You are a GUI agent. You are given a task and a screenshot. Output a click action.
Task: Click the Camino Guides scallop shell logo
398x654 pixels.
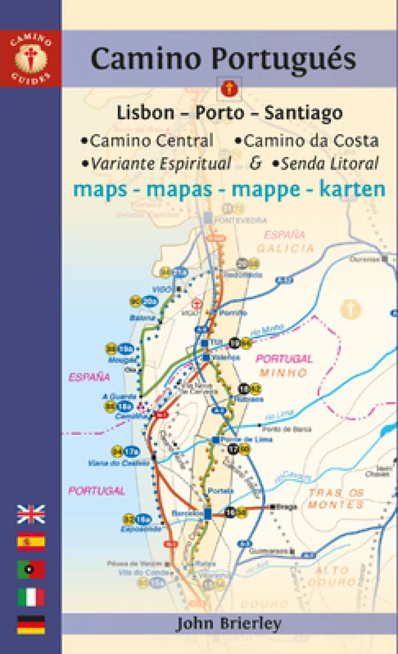30,59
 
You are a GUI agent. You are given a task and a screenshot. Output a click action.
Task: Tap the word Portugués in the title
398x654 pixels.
284,59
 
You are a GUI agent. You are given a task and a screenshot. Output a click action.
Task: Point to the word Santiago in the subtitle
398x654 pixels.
303,113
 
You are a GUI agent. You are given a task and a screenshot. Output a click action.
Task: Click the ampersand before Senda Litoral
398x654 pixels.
255,163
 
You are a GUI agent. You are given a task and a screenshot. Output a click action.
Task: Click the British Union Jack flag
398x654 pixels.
31,514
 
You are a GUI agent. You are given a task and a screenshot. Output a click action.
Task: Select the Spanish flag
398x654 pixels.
31,542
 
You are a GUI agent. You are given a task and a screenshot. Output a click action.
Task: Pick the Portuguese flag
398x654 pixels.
31,570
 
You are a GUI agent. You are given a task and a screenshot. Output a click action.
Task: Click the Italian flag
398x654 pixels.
31,597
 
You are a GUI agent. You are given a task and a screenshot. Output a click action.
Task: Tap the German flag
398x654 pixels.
31,625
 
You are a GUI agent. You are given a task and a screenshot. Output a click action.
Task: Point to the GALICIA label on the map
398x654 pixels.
286,248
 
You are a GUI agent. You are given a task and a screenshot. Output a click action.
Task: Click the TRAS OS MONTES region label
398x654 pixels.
336,498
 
